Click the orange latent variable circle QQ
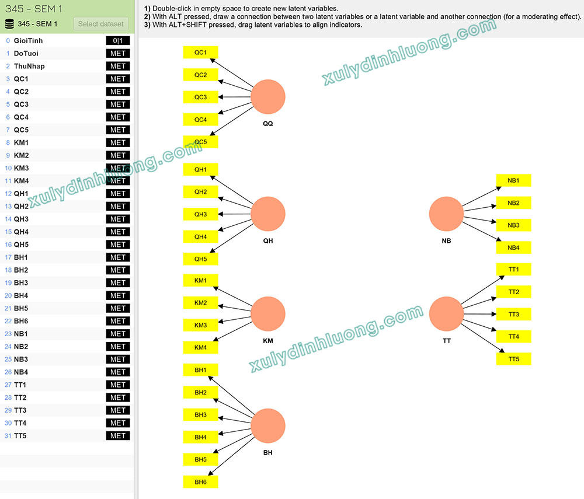coord(268,97)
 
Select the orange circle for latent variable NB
coord(446,214)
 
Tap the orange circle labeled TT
coord(446,313)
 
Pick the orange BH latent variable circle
coord(268,425)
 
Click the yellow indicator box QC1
coord(200,53)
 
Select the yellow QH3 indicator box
coord(200,214)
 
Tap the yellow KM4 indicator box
coord(200,348)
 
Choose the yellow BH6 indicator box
coord(200,482)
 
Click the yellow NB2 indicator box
coord(513,203)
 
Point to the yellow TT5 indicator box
coord(513,359)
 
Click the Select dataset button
coord(100,24)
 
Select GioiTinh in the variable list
coord(28,40)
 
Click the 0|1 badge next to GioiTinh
coord(118,40)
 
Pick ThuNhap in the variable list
coord(29,66)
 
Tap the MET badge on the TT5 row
coord(118,436)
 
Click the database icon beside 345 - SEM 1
coord(10,24)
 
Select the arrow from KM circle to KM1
coord(233,296)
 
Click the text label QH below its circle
coord(268,241)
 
